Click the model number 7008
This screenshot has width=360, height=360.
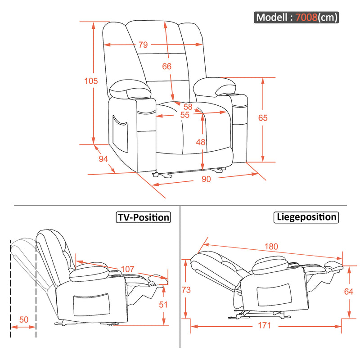click(306, 17)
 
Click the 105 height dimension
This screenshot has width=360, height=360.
click(91, 81)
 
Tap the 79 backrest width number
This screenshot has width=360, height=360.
click(143, 45)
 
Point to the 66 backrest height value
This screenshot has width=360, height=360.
click(167, 66)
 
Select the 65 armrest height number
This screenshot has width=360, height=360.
click(263, 118)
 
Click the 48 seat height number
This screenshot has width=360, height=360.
click(200, 142)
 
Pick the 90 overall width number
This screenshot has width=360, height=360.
click(206, 179)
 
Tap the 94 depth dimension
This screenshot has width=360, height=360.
click(103, 159)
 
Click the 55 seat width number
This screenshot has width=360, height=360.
click(185, 115)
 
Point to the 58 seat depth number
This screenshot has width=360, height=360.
click(188, 107)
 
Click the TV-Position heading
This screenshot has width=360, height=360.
click(144, 217)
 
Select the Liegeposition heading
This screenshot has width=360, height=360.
click(306, 217)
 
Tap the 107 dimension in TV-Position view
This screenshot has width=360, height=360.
click(128, 269)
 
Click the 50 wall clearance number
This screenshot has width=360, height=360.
click(24, 319)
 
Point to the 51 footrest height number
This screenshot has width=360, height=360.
click(163, 305)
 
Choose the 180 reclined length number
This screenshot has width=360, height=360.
click(271, 247)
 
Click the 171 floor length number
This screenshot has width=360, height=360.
click(265, 325)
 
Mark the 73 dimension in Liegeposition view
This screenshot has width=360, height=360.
click(186, 290)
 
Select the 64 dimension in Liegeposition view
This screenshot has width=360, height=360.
click(348, 292)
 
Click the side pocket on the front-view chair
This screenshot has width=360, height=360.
click(120, 134)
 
